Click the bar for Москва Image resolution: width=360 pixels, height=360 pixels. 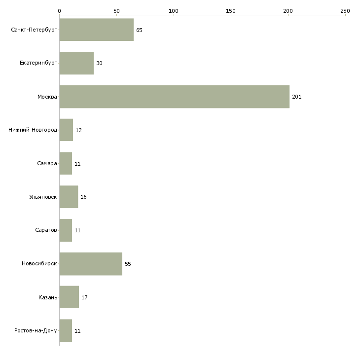[x=174, y=97]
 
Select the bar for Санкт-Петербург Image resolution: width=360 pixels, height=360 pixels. [x=96, y=30]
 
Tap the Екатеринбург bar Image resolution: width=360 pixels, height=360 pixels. [x=76, y=63]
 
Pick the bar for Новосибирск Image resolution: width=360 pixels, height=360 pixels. [x=91, y=264]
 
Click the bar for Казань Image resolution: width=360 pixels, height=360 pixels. [x=69, y=297]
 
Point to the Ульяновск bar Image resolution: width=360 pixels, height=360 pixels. [x=69, y=197]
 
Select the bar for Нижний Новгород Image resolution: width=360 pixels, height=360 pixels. [x=66, y=130]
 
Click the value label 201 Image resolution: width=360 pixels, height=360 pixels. [x=296, y=97]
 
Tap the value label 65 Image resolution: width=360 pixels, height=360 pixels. [x=139, y=30]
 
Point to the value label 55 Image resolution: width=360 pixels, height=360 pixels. [x=128, y=264]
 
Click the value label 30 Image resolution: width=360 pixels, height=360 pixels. [x=99, y=63]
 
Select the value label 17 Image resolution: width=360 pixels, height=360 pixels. [x=84, y=297]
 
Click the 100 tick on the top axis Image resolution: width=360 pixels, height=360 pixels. [x=174, y=10]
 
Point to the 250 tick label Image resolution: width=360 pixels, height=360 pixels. [x=345, y=10]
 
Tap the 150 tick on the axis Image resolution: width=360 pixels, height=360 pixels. [x=231, y=10]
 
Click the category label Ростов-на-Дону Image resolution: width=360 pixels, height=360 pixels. [x=36, y=331]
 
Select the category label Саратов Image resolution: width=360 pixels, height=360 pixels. [x=46, y=230]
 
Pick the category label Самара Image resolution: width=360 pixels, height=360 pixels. [x=47, y=164]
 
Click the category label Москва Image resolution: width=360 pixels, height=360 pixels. [x=47, y=97]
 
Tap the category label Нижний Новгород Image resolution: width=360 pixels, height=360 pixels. [x=33, y=130]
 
